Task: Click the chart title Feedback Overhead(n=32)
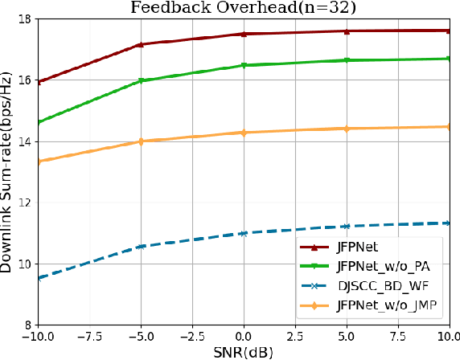pos(242,8)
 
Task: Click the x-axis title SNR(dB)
pos(242,352)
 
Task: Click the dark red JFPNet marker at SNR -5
pos(141,44)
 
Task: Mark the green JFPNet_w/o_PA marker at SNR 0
pos(244,65)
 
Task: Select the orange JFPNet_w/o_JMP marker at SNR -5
pos(141,141)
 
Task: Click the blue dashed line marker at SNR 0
pos(244,233)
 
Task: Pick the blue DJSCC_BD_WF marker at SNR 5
pos(347,227)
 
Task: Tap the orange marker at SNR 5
pos(347,129)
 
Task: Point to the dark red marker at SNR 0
pos(244,34)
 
